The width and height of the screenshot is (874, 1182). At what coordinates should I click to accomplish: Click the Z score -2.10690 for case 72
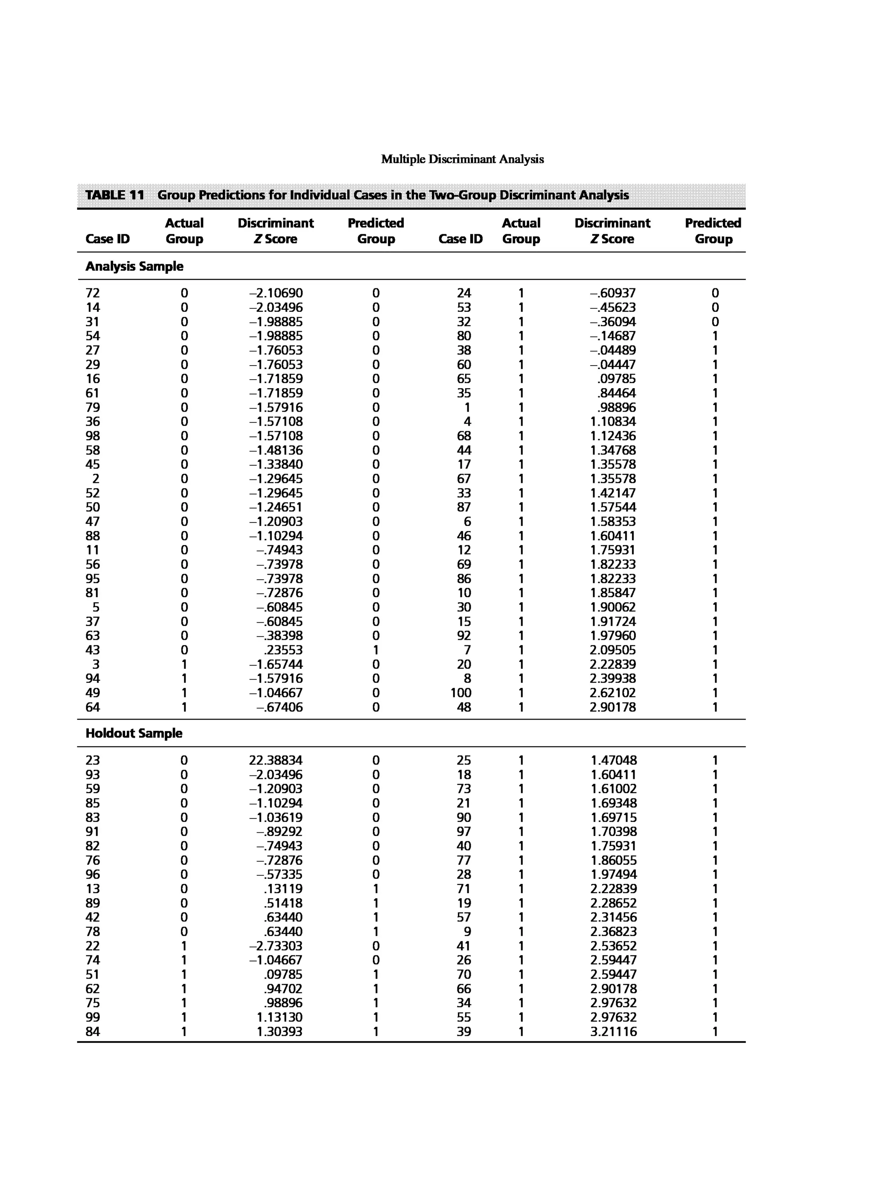276,293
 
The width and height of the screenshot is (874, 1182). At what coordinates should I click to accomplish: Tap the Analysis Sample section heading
134,266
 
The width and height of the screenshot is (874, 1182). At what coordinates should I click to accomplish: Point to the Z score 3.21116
614,1032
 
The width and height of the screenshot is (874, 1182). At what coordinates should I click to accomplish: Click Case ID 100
461,693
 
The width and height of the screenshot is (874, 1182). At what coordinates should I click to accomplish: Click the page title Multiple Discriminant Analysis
463,159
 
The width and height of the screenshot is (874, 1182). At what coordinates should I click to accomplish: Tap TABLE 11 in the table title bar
115,195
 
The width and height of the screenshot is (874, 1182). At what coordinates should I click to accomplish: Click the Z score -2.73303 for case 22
276,946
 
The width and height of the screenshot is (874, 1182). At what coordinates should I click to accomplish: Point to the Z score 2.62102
613,693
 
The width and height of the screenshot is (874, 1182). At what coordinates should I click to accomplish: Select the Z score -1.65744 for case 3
276,664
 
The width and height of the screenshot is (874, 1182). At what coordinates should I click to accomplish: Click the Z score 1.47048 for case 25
614,761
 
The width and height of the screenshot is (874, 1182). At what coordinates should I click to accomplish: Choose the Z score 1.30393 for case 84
280,1032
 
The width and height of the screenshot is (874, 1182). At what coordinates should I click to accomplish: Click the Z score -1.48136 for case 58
276,450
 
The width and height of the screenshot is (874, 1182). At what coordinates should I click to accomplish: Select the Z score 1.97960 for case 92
613,636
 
